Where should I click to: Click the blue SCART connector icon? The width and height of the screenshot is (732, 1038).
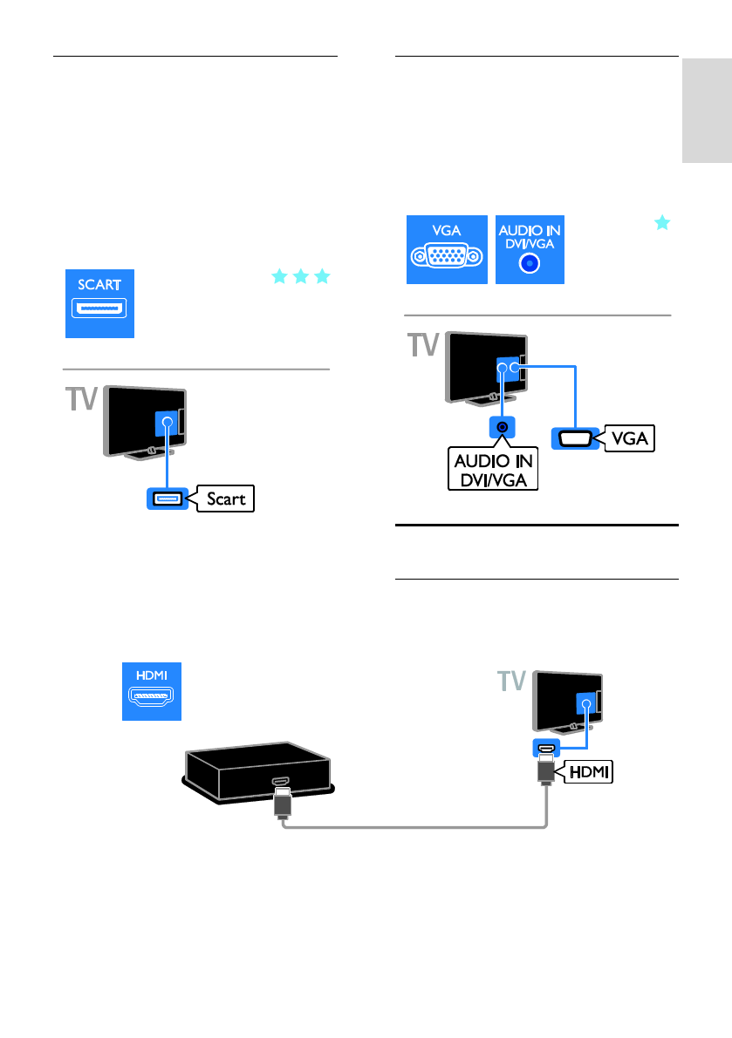tap(100, 302)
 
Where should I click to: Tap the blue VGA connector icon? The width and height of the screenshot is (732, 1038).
tap(447, 248)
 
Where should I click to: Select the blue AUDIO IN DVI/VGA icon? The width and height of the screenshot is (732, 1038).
tap(530, 248)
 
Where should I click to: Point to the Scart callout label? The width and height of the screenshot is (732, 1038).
tap(226, 499)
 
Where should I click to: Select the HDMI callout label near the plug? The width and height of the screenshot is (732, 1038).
tap(588, 770)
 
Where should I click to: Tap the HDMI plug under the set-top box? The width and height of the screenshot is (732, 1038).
tap(282, 804)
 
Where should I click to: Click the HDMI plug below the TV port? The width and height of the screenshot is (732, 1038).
tap(545, 772)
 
